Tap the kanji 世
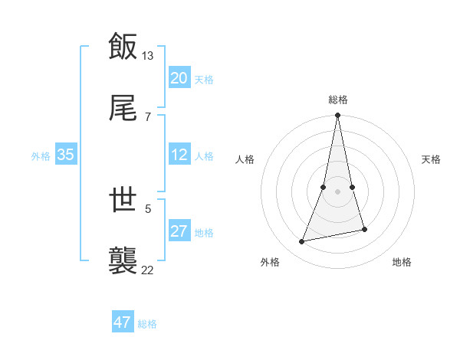(123, 200)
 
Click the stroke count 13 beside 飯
(148, 56)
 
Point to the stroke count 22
(148, 269)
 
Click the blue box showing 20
(179, 78)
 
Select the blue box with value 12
(179, 155)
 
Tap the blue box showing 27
(179, 231)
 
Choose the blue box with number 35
(66, 155)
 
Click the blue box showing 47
(123, 322)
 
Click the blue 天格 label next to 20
(204, 80)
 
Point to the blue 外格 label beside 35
(41, 156)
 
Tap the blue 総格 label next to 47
(147, 324)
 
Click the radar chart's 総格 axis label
(338, 100)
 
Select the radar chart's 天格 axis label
(432, 159)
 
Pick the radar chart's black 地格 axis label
(402, 262)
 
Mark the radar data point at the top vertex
(338, 116)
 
